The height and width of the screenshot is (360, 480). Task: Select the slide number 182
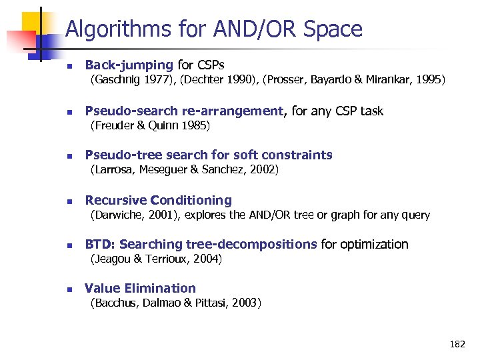(x=457, y=345)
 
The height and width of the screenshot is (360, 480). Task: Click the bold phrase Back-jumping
(x=129, y=65)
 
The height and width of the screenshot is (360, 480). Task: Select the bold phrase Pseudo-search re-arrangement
(x=185, y=111)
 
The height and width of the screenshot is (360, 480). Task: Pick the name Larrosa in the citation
(x=112, y=170)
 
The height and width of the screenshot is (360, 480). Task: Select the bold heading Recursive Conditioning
(x=158, y=200)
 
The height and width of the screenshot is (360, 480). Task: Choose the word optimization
(x=375, y=245)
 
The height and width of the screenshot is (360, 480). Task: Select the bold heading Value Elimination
(x=140, y=289)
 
